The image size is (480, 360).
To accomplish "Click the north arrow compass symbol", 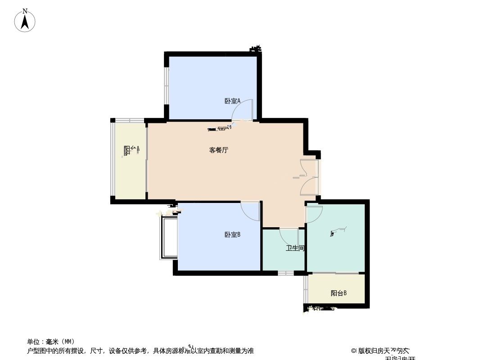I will pyautogui.click(x=25, y=21).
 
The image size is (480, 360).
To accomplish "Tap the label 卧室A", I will pyautogui.click(x=232, y=101).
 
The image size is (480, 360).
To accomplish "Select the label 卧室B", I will pyautogui.click(x=232, y=234).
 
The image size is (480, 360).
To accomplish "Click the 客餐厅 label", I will pyautogui.click(x=219, y=150).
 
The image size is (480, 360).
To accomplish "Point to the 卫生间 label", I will pyautogui.click(x=295, y=248).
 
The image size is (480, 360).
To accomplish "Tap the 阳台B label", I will pyautogui.click(x=339, y=293).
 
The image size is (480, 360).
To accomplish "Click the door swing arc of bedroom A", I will pyautogui.click(x=243, y=110).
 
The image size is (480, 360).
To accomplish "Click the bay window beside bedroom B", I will pyautogui.click(x=168, y=238).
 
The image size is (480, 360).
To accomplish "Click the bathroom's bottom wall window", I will pyautogui.click(x=285, y=273).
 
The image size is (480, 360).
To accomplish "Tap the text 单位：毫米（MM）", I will pyautogui.click(x=50, y=342).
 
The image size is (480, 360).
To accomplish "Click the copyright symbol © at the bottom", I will pyautogui.click(x=354, y=351).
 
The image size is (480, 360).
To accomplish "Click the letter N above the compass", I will pyautogui.click(x=25, y=10).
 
